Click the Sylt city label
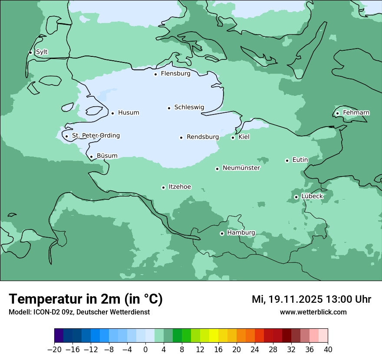[x=42, y=52]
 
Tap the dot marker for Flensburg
[x=155, y=74]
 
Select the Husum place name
[x=128, y=113]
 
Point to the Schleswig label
[x=189, y=107]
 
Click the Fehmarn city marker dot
[x=337, y=114]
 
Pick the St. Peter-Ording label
[x=95, y=136]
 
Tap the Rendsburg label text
[x=202, y=137]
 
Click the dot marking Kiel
[x=233, y=137]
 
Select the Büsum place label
[x=107, y=156]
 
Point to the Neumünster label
[x=241, y=168]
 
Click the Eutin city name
[x=300, y=160]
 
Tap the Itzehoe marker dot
[x=163, y=187]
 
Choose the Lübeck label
[x=312, y=196]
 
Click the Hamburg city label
[x=241, y=233]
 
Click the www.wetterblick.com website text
[x=313, y=312]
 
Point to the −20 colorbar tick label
[x=55, y=350]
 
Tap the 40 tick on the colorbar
[x=328, y=350]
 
